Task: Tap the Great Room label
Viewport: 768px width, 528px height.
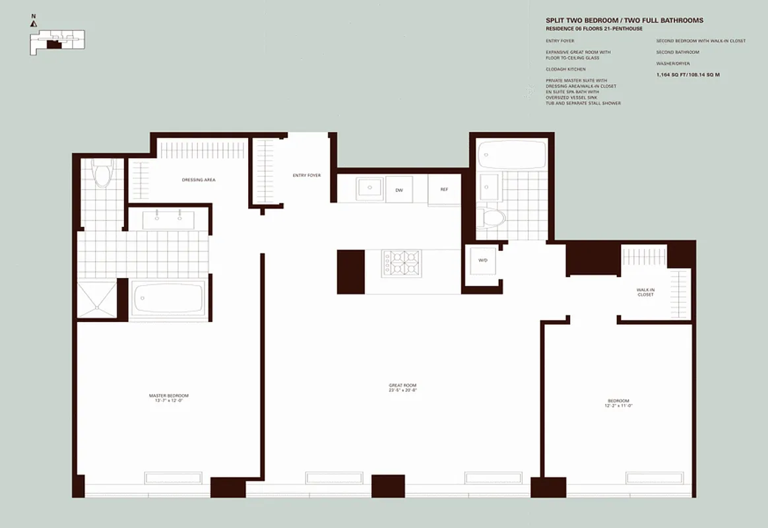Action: (x=402, y=388)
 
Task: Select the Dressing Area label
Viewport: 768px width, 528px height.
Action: (x=199, y=180)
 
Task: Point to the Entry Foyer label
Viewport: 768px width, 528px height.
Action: (x=307, y=176)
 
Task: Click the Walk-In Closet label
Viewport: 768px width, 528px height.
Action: (x=645, y=292)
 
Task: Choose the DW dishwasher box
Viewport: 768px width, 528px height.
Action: (x=399, y=189)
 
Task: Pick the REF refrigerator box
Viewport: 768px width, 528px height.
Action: (x=444, y=189)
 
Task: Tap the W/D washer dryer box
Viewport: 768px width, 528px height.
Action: (x=482, y=261)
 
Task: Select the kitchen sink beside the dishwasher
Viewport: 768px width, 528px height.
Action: (x=369, y=188)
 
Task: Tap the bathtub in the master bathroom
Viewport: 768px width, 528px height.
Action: (x=170, y=299)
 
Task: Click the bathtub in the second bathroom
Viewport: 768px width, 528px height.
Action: (x=511, y=156)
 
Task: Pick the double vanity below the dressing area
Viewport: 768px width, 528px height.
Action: (x=169, y=219)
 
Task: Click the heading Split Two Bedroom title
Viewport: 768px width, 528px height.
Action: (x=624, y=20)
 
